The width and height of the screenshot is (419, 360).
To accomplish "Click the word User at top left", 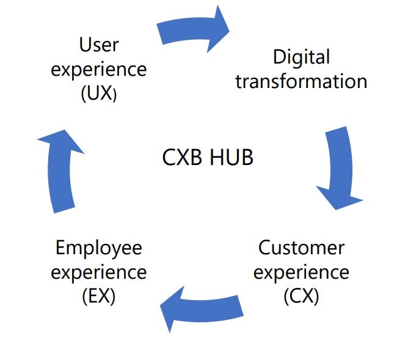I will pos(98,45).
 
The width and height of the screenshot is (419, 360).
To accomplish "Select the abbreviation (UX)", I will pos(98,94).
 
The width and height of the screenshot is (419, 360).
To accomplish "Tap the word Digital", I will pos(301,57).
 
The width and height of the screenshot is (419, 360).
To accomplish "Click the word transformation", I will pos(301,81).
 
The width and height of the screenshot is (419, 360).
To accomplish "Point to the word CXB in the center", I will pos(183,158).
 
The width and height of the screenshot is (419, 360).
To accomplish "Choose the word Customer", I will pos(301,248).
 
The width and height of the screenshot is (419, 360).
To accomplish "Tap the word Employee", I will pos(98,248).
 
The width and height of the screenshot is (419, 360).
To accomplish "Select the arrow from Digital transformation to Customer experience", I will pos(338,165).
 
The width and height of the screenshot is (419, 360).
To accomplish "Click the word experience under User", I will pos(98,69).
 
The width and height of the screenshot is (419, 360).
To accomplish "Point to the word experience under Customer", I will pos(301,272).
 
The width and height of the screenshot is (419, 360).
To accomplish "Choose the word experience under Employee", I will pos(98,272).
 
